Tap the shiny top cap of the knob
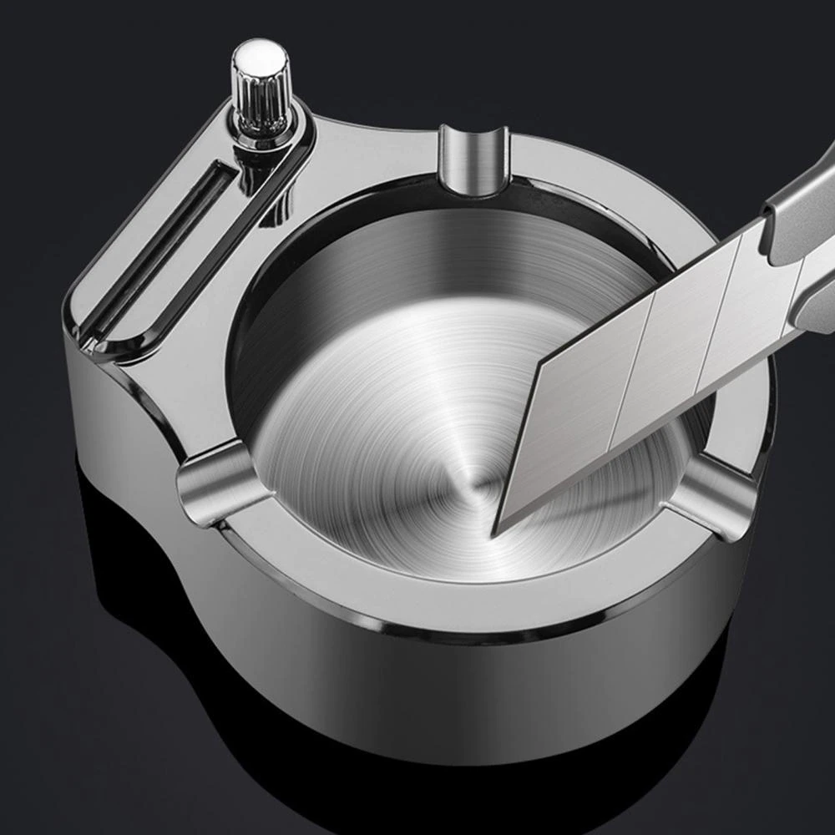click(260, 57)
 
